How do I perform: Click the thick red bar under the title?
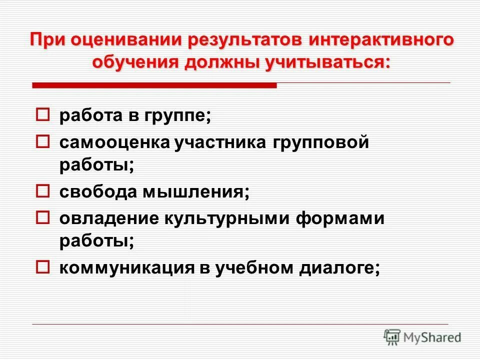pos(154,86)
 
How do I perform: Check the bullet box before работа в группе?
pos(43,115)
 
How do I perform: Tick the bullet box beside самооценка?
pos(43,142)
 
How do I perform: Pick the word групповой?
pos(320,143)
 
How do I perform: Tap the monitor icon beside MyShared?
pos(392,337)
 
